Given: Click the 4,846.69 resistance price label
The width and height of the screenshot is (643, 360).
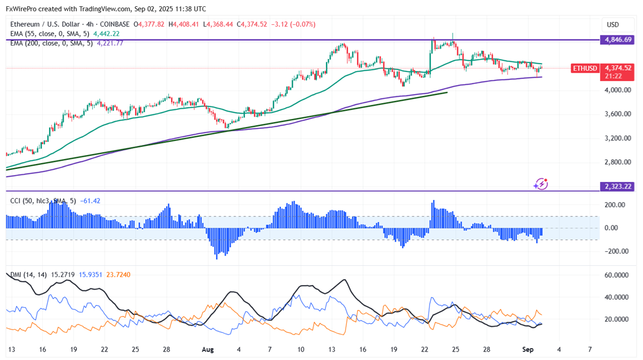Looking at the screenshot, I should [x=618, y=40].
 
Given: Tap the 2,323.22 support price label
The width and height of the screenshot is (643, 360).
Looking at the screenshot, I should [x=618, y=186].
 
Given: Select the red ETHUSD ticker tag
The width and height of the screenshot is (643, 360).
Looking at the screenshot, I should [x=584, y=68].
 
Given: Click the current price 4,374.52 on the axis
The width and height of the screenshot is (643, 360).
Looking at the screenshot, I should [x=618, y=68].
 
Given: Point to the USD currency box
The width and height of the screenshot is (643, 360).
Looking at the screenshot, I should [x=613, y=25].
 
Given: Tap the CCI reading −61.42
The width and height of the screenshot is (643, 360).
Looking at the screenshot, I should [x=90, y=201].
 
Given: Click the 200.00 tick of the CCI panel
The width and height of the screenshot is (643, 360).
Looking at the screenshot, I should [x=614, y=205].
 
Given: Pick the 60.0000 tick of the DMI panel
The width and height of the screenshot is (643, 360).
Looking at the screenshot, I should [x=617, y=275].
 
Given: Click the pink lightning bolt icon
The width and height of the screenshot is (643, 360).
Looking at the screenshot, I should [x=541, y=184].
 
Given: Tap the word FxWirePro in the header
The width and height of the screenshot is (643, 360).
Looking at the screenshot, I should [x=22, y=9].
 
